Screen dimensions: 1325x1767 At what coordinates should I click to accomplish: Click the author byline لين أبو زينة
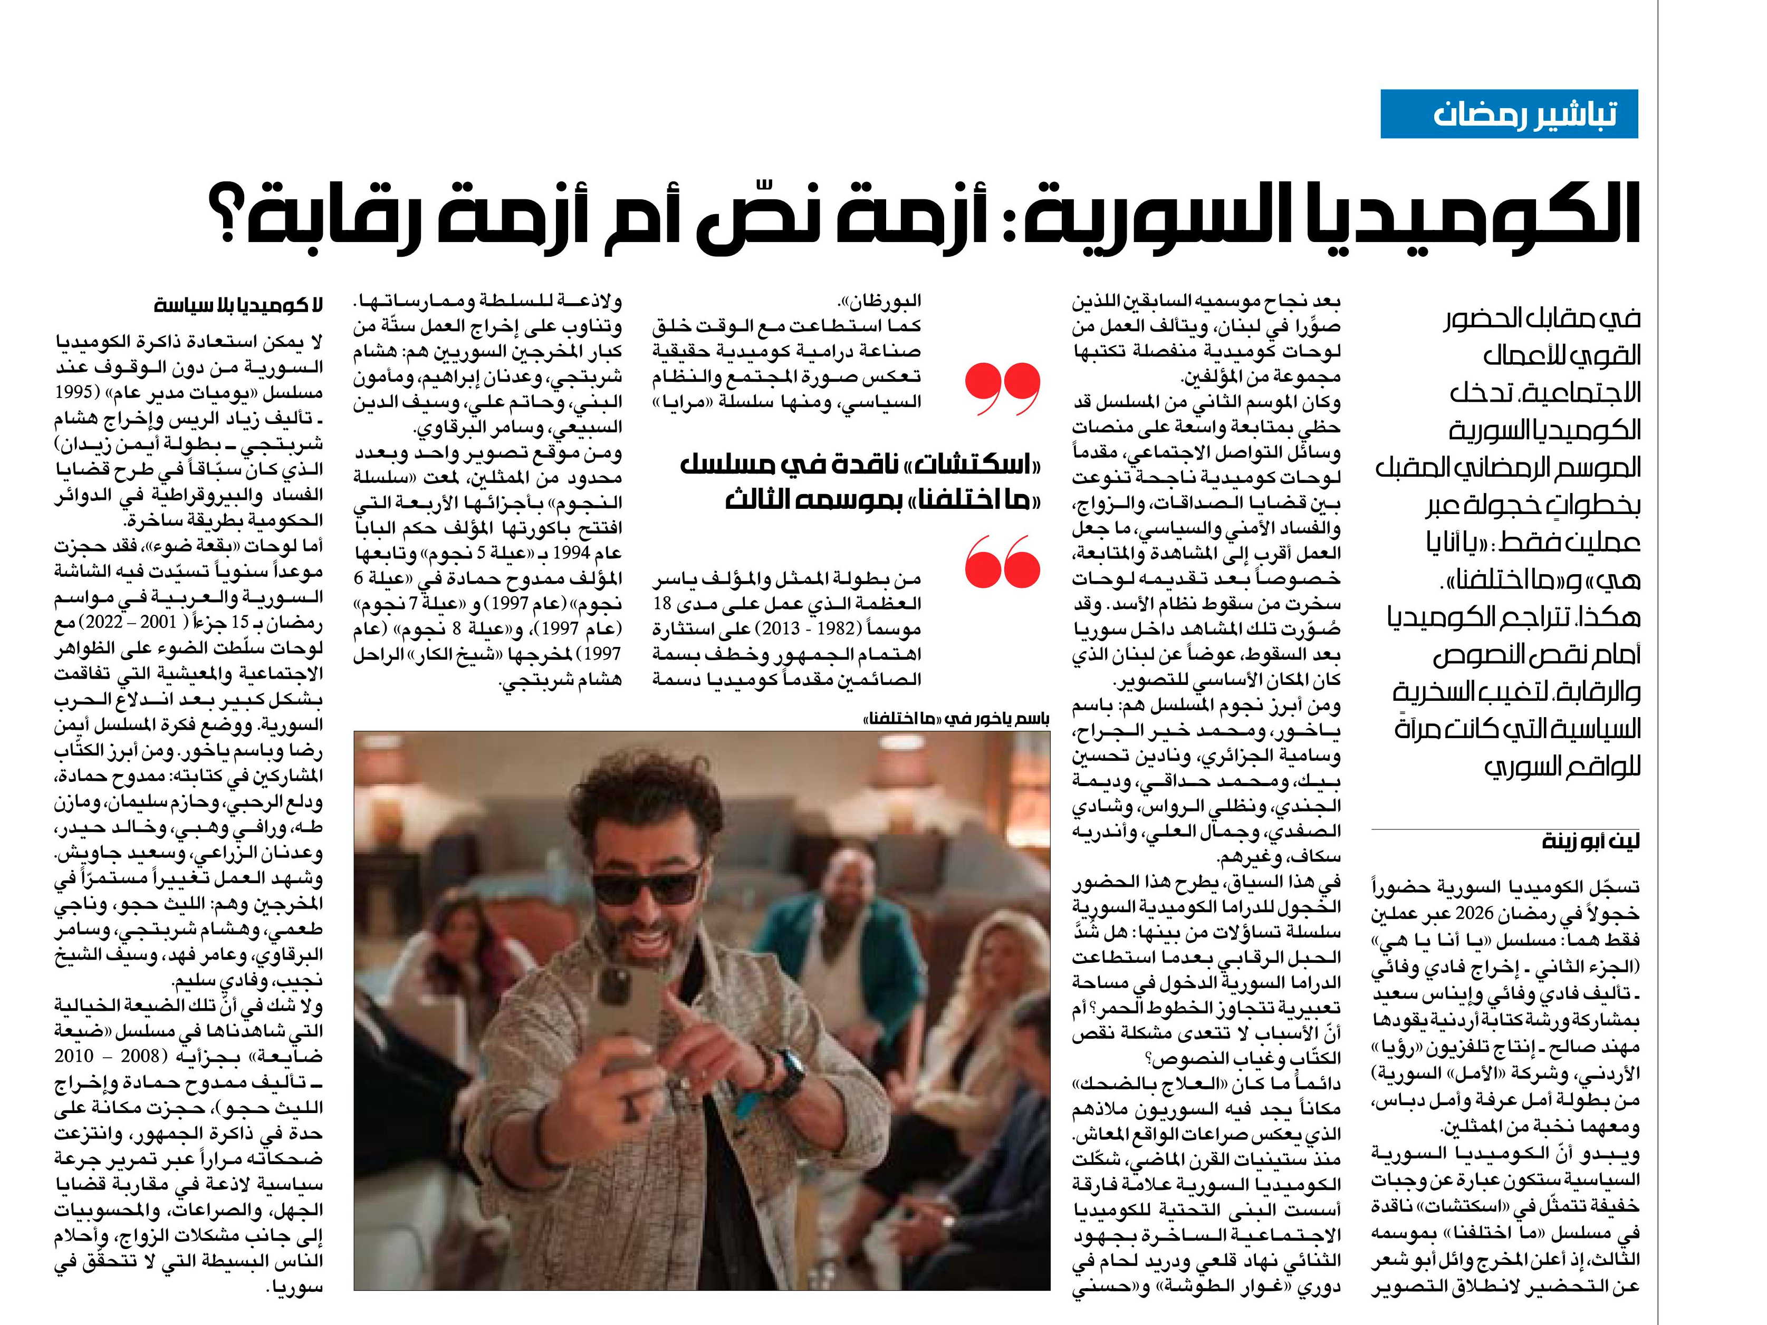point(1590,843)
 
